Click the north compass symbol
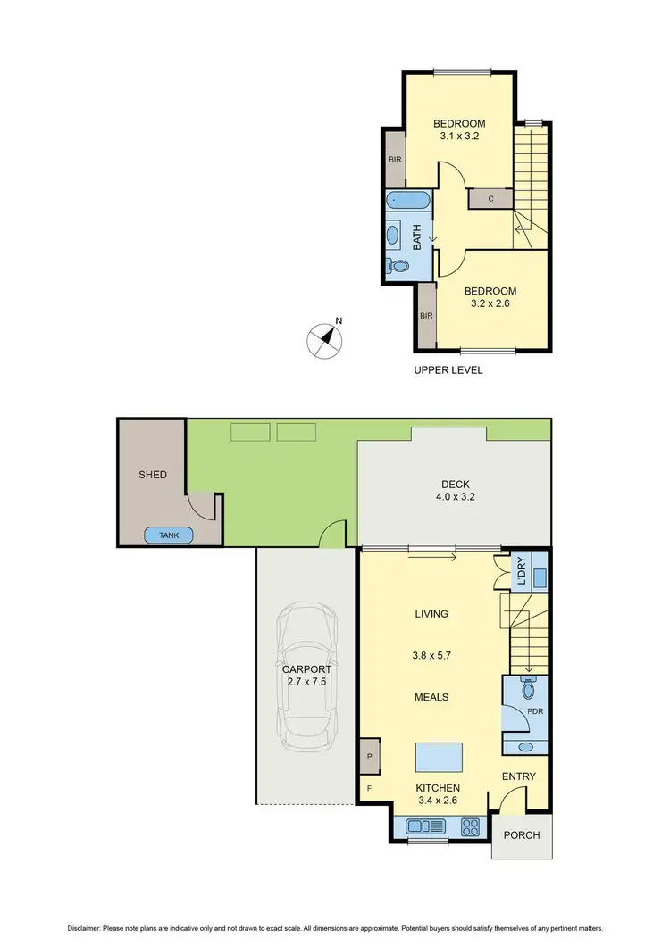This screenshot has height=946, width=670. click(x=326, y=340)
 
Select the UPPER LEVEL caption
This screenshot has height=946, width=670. click(x=448, y=369)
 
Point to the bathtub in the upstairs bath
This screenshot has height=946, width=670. click(x=408, y=202)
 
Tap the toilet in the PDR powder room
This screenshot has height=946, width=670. click(x=526, y=689)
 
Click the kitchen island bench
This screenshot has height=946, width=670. click(x=440, y=758)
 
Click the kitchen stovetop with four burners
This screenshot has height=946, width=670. click(x=471, y=826)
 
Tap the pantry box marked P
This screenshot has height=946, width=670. click(x=369, y=756)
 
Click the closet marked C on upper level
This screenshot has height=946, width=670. click(x=491, y=199)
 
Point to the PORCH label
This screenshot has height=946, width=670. click(x=523, y=835)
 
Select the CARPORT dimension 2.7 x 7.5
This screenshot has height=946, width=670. click(x=306, y=682)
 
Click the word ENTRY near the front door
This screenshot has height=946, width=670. click(x=519, y=776)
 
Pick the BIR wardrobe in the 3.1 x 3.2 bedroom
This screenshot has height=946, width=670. click(x=394, y=160)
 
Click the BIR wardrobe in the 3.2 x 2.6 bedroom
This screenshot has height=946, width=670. click(x=426, y=316)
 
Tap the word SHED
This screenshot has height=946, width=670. click(x=152, y=475)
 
